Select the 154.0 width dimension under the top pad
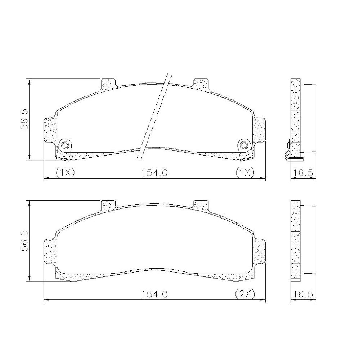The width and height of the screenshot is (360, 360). click(154, 173)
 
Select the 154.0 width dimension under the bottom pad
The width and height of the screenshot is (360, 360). click(154, 294)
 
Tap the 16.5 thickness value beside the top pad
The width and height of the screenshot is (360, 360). click(303, 173)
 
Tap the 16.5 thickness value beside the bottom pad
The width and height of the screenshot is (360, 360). click(303, 294)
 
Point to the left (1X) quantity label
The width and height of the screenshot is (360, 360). click(65, 172)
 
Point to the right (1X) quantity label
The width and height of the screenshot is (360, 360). click(245, 172)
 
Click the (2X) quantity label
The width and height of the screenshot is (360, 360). click(245, 294)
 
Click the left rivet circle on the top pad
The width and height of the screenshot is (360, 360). click(64, 145)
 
